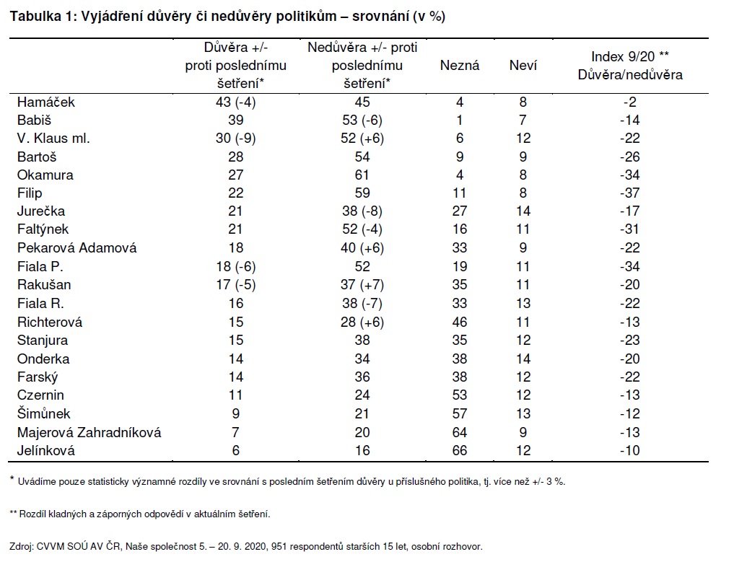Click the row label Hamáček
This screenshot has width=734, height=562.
46,102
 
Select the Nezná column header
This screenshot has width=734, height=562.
459,66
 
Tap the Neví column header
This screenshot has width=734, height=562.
523,66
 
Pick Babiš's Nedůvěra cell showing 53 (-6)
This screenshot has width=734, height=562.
362,120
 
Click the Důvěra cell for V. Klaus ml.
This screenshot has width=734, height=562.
235,139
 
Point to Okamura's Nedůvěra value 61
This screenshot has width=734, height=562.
362,175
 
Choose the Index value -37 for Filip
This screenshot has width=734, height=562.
629,193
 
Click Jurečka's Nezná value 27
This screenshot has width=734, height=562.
459,211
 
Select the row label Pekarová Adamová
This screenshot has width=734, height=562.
77,247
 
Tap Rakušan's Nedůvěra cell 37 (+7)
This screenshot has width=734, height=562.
362,285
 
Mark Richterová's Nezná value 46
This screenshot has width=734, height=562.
459,322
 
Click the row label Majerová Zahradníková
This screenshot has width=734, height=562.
89,432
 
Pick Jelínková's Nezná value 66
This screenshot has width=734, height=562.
459,450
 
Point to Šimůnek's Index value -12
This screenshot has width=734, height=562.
629,413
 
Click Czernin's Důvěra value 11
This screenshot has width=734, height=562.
235,395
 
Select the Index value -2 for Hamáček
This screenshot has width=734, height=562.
629,102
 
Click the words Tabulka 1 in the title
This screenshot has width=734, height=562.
39,17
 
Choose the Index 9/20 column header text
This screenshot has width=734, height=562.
629,56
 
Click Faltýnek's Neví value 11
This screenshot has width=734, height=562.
523,229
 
